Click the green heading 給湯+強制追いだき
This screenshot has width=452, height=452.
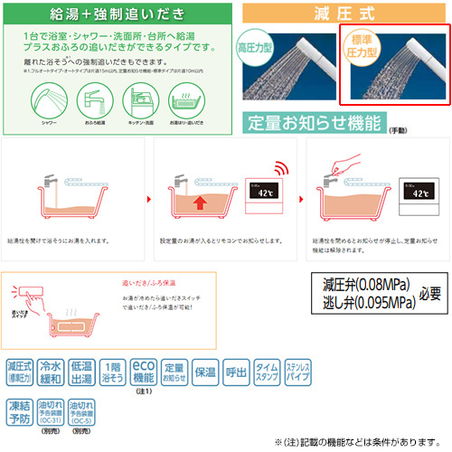[x=118, y=15]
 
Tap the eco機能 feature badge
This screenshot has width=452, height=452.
[x=144, y=372]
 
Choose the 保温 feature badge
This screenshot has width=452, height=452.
[x=205, y=372]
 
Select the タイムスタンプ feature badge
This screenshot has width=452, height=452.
[x=267, y=372]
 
